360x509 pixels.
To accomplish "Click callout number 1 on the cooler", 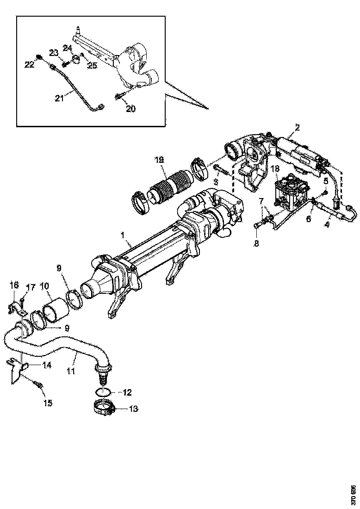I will coord(123,236).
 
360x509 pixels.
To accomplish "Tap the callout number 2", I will coord(298,127).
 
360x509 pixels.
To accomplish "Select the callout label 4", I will coord(327,225).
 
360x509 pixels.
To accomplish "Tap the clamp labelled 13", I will coord(105,409).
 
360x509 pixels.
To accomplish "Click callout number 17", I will coord(31,287).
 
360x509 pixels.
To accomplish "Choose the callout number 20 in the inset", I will coord(131,109).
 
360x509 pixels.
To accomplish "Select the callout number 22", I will coord(30,65).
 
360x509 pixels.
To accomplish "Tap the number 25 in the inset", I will coord(92,66).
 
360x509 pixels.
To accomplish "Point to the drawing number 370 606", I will coord(353,495).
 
